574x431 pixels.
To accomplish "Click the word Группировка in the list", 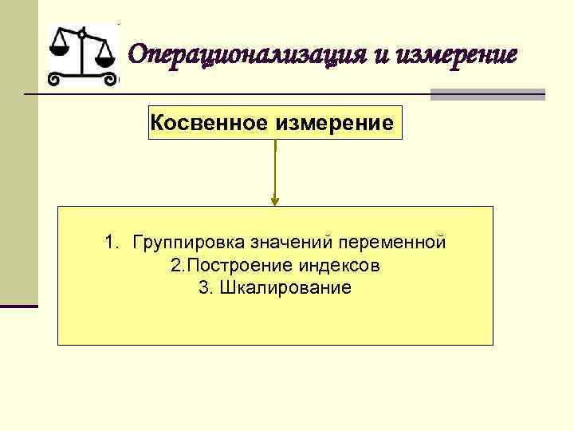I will (x=189, y=243).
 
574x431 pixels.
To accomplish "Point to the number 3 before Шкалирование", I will (x=203, y=287).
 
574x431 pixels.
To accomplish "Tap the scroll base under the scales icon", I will (x=82, y=79).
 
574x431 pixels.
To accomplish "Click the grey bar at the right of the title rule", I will (x=487, y=94).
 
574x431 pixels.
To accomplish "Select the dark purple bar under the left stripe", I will (x=19, y=306).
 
